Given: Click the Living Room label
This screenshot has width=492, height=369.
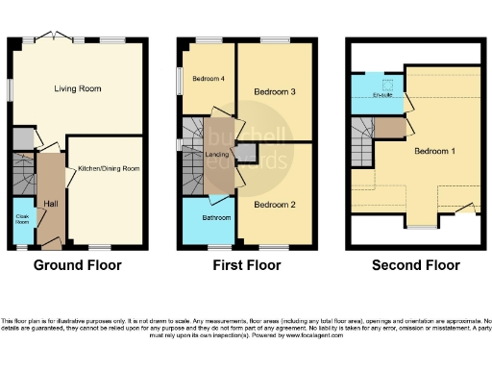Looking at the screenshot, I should pyautogui.click(x=78, y=88).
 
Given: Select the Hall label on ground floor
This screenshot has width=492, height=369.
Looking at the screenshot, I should pyautogui.click(x=49, y=203).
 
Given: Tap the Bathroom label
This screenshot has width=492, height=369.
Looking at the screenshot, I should pyautogui.click(x=208, y=218).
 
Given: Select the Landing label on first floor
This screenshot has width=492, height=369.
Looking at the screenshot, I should pyautogui.click(x=217, y=155).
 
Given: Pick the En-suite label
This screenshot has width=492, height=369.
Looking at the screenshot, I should pyautogui.click(x=382, y=94).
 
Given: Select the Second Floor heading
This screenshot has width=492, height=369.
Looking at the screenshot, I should pyautogui.click(x=415, y=265).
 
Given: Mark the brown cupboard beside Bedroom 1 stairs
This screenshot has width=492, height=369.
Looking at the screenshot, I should pyautogui.click(x=388, y=127).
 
